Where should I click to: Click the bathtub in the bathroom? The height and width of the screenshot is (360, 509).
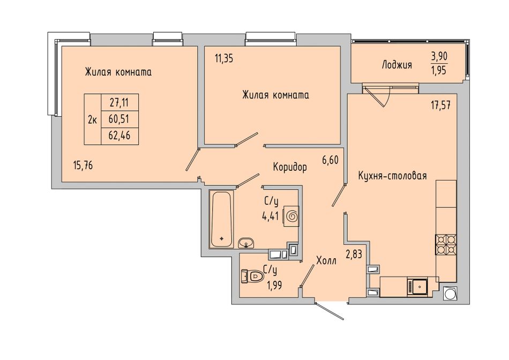click(221, 219)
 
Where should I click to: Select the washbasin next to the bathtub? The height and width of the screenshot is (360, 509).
click(246, 243)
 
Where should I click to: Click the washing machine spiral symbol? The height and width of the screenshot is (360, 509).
click(291, 216)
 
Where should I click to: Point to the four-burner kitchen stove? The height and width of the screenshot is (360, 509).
click(446, 245)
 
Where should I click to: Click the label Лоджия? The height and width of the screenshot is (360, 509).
click(396, 65)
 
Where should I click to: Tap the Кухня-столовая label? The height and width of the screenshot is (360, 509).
click(392, 176)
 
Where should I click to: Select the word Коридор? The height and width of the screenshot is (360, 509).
click(289, 167)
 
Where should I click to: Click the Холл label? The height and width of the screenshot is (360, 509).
click(326, 260)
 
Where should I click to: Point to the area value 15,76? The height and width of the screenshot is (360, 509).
click(83, 166)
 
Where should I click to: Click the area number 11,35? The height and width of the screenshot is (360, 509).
click(224, 59)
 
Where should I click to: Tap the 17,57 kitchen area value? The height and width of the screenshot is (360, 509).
click(440, 106)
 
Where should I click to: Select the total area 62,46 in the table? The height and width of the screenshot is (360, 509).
click(119, 136)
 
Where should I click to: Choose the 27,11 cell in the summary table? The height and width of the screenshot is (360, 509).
click(119, 103)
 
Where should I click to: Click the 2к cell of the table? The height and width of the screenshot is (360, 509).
click(92, 120)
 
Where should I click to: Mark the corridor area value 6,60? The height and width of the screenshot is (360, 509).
click(331, 160)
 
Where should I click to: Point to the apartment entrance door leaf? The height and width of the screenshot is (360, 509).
click(329, 311)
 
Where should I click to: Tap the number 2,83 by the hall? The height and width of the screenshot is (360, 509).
click(354, 254)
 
